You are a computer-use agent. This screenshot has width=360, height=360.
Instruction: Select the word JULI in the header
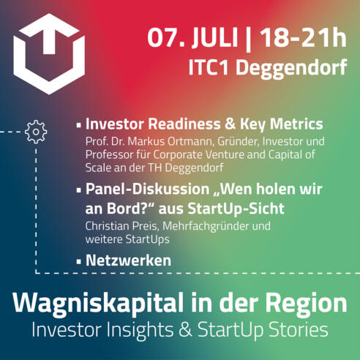(x=214, y=38)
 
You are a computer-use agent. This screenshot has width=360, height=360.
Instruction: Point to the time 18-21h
(x=303, y=37)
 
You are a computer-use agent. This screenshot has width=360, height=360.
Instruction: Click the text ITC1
(x=209, y=67)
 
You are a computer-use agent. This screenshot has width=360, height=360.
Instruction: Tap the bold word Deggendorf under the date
(x=291, y=69)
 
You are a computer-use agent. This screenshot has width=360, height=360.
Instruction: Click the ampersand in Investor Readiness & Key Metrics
(x=230, y=124)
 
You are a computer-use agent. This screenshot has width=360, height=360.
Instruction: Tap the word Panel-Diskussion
(x=147, y=190)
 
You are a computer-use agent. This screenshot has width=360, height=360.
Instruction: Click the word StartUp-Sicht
(x=236, y=209)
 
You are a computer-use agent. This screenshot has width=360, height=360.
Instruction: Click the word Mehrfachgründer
(x=206, y=227)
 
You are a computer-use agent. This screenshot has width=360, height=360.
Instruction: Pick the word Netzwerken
(x=128, y=260)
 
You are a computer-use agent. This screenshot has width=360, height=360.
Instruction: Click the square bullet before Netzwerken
(x=78, y=262)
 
